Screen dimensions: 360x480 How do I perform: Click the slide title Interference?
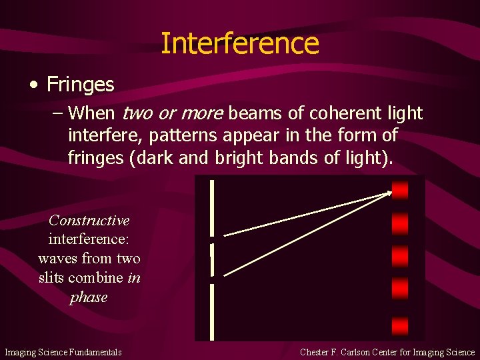pos(240,43)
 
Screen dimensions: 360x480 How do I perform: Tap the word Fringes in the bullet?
pos(81,85)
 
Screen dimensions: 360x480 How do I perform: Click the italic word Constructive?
pos(89,220)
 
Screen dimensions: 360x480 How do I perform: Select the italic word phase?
pos(89,297)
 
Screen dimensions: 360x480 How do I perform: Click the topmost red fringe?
pos(400,191)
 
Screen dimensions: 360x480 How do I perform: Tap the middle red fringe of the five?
pos(400,256)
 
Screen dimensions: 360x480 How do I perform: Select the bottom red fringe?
pos(400,326)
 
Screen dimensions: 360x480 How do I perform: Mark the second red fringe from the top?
pos(400,223)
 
